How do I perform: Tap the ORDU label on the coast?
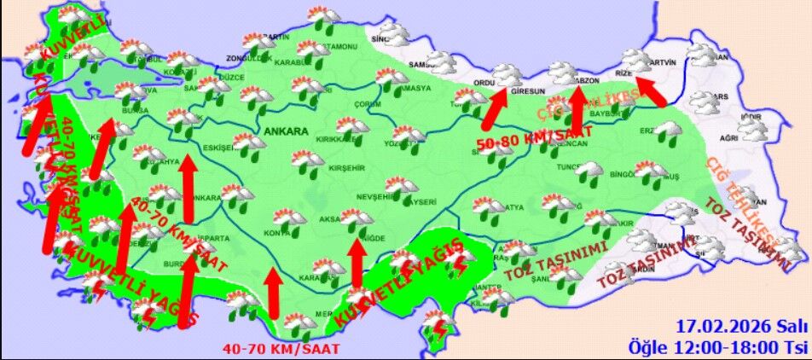coord(484,83)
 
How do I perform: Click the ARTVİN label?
coord(663,62)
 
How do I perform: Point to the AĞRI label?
coord(728,137)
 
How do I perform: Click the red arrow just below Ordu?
coord(496,108)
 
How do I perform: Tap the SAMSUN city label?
coord(421,64)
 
